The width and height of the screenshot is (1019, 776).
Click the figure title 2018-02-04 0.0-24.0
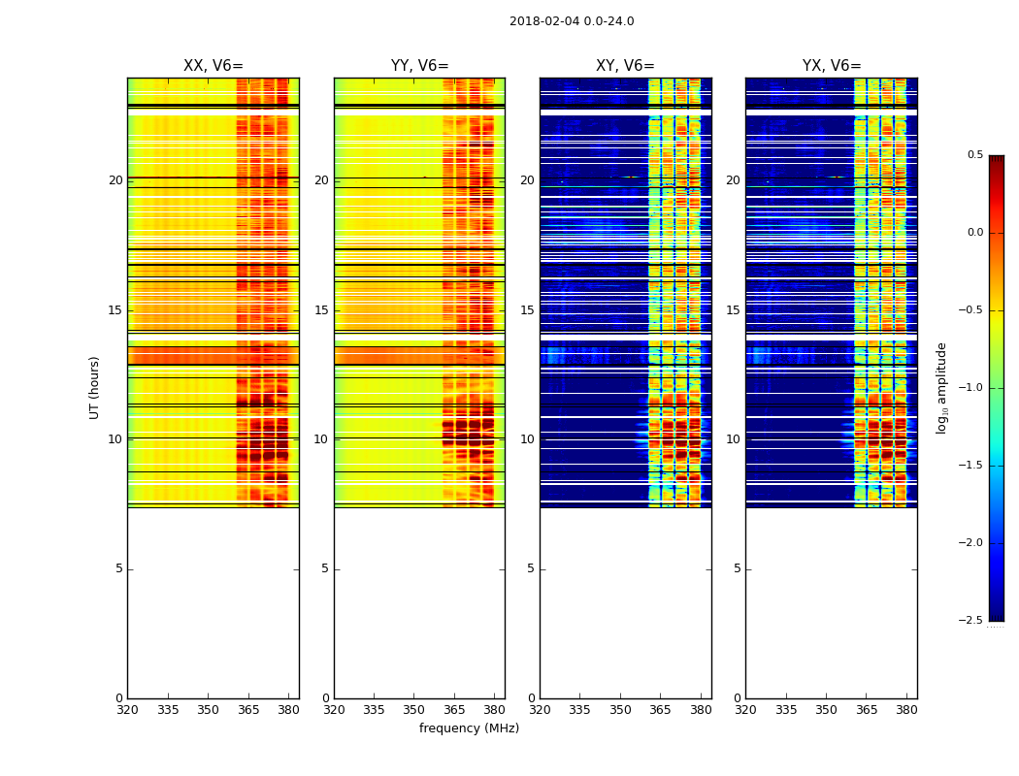pyautogui.click(x=572, y=21)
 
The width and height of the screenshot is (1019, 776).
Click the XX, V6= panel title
pyautogui.click(x=213, y=66)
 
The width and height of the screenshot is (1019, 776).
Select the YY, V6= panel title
pyautogui.click(x=419, y=66)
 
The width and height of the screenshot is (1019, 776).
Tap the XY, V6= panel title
pyautogui.click(x=625, y=66)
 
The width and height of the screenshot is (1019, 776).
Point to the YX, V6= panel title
pyautogui.click(x=831, y=66)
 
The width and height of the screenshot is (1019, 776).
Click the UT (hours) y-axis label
pyautogui.click(x=95, y=387)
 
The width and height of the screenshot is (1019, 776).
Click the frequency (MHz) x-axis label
pyautogui.click(x=469, y=728)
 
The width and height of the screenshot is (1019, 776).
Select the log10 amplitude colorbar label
pyautogui.click(x=940, y=387)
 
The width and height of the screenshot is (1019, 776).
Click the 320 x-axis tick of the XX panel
pyautogui.click(x=127, y=710)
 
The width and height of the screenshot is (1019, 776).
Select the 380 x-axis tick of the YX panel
pyautogui.click(x=906, y=710)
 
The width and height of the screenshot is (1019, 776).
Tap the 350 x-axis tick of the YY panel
pyautogui.click(x=414, y=710)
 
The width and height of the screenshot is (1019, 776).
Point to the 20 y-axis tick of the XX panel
pyautogui.click(x=115, y=180)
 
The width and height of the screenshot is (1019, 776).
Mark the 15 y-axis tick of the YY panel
pyautogui.click(x=321, y=310)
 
